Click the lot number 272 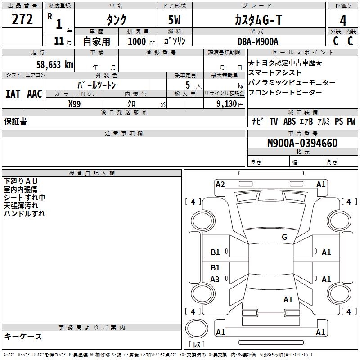pyautogui.click(x=22, y=19)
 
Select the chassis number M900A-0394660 pyautogui.click(x=302, y=144)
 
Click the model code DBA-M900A pyautogui.click(x=258, y=41)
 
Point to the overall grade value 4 pyautogui.click(x=343, y=21)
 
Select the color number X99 pyautogui.click(x=75, y=104)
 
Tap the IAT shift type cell pyautogui.click(x=13, y=94)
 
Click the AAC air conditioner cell pyautogui.click(x=35, y=94)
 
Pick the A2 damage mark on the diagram pyautogui.click(x=220, y=184)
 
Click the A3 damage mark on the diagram pyautogui.click(x=215, y=279)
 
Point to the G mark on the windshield pyautogui.click(x=284, y=237)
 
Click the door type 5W pyautogui.click(x=175, y=20)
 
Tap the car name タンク pyautogui.click(x=116, y=20)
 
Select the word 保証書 pyautogui.click(x=15, y=121)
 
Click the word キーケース pyautogui.click(x=23, y=337)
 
